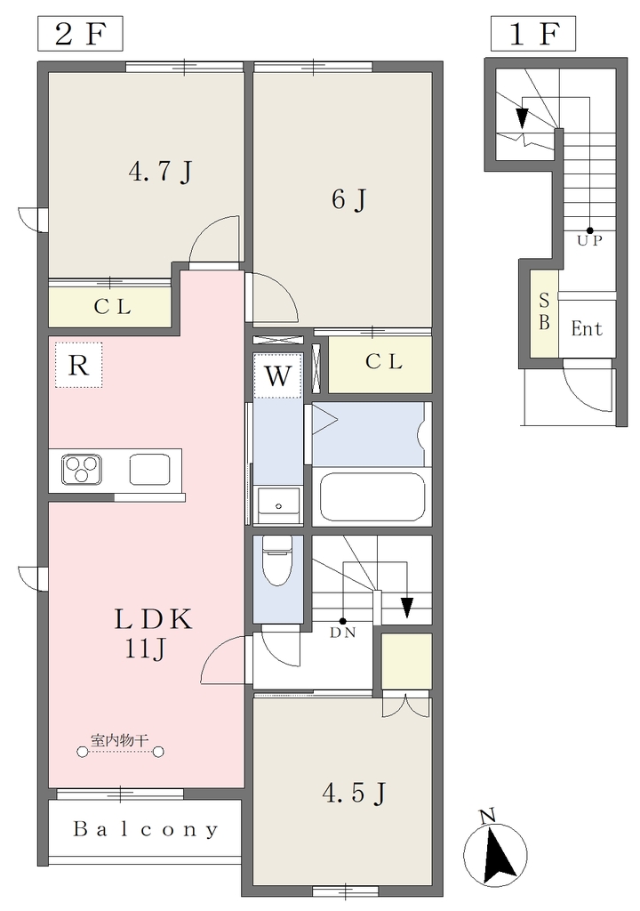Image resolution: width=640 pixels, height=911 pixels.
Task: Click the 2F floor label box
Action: point(80,34)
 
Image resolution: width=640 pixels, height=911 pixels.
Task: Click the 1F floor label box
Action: point(533,34)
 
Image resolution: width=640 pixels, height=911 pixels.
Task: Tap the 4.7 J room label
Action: point(160,172)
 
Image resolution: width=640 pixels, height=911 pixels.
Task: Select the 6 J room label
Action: point(348,200)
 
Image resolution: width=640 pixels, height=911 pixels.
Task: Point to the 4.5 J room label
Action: point(355,793)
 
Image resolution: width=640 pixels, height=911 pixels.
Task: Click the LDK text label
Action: point(153,620)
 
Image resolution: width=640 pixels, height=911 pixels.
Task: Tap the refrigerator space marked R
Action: point(79,365)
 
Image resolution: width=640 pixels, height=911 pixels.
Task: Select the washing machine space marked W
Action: point(278,375)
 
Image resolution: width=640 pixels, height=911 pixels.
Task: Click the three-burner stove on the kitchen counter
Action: point(82,470)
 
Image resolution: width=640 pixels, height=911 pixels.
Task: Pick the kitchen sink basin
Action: point(149,470)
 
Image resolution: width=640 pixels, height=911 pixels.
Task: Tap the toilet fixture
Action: point(278,560)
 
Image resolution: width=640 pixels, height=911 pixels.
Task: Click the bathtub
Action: point(372,497)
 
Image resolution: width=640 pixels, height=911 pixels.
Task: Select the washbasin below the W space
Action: point(278,505)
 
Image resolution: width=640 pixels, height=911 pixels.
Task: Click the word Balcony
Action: point(146,829)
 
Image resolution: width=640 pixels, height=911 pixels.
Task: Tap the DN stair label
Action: point(342,633)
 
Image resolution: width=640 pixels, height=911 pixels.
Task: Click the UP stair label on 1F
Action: point(589,240)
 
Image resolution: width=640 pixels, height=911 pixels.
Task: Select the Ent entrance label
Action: point(587,329)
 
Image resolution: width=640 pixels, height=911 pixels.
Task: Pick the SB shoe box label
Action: point(544,311)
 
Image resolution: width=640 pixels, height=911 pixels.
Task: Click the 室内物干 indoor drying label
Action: point(120,740)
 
